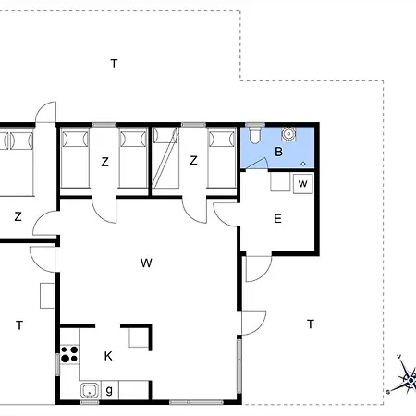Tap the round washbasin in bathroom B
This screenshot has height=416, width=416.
click(x=288, y=134)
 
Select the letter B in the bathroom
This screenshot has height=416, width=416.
click(x=278, y=152)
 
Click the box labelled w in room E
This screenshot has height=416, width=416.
click(x=303, y=184)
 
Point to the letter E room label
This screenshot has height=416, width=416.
click(x=277, y=219)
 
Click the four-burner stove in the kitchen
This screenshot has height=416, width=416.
click(x=69, y=354)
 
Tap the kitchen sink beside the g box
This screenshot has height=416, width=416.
click(x=90, y=390)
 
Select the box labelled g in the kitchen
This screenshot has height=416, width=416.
click(x=109, y=390)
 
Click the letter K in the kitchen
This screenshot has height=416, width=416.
click(x=108, y=356)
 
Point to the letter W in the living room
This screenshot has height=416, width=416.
click(x=146, y=263)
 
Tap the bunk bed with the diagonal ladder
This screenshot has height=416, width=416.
click(x=165, y=158)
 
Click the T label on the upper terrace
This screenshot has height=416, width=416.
click(x=114, y=64)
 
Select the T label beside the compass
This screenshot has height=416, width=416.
click(x=311, y=324)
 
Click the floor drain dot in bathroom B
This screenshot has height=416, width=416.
click(x=303, y=164)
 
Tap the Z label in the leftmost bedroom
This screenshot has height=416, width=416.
click(x=18, y=216)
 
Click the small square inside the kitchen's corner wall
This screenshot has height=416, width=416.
click(x=139, y=337)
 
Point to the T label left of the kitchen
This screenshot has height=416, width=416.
click(x=19, y=325)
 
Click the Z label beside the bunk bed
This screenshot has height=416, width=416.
click(x=193, y=160)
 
